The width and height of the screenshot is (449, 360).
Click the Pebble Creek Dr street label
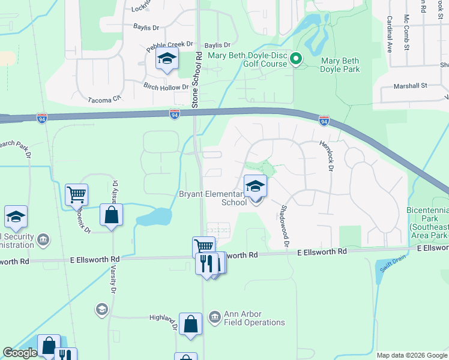[x=170, y=44]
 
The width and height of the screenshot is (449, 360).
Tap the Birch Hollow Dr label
[x=166, y=88]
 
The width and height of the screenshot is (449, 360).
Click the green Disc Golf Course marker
[x=295, y=59]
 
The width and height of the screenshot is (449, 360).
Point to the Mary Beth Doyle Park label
[x=340, y=65]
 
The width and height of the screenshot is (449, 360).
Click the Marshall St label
[x=410, y=86]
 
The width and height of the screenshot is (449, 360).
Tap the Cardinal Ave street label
[x=389, y=34]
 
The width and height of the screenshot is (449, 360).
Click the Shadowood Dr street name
[x=285, y=226]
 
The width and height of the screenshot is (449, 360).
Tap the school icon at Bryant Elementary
[x=255, y=187]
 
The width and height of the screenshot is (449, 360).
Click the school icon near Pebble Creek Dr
[x=166, y=59]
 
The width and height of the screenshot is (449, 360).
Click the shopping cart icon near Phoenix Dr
[x=77, y=194]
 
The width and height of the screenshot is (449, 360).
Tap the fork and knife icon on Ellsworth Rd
[x=206, y=263]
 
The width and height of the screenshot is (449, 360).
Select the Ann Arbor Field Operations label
[x=254, y=318]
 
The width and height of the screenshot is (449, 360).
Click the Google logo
[x=20, y=353]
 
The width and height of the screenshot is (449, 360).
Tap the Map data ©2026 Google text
[x=411, y=355]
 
